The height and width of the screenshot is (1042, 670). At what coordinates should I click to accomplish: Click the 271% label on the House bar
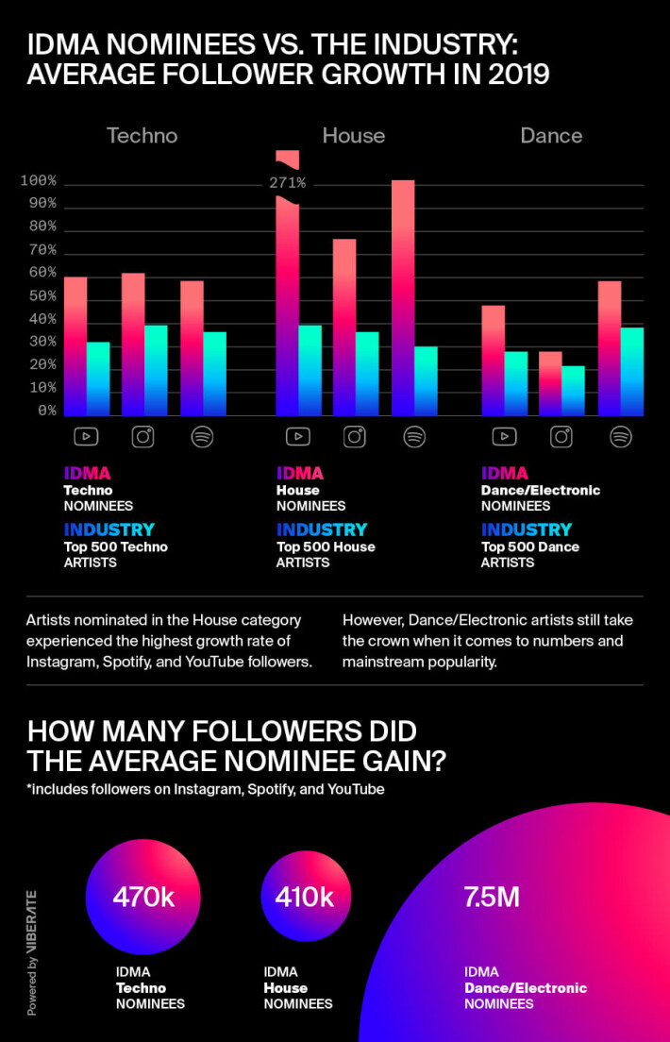coord(287,183)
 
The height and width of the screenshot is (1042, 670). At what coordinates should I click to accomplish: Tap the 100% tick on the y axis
coord(39,181)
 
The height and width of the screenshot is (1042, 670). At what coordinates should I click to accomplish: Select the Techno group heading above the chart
coord(142,136)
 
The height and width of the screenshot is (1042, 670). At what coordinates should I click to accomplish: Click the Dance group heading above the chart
coord(551,136)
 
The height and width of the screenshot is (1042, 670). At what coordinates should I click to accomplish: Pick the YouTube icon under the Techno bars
coord(87,437)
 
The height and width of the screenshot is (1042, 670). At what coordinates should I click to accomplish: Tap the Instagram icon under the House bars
coord(355,437)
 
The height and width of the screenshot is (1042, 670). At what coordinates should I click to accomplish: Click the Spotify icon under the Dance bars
coord(620,437)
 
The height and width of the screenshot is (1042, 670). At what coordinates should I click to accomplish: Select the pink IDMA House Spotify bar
coord(403,297)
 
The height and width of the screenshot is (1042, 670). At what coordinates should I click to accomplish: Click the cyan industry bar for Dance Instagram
coord(573,391)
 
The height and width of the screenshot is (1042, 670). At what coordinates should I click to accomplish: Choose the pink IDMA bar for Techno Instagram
coord(133,345)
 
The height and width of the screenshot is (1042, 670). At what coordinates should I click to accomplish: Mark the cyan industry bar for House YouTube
coord(310,370)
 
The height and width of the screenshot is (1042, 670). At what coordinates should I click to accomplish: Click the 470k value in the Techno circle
coord(142,897)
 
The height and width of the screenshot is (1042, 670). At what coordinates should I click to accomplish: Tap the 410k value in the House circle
coord(305,897)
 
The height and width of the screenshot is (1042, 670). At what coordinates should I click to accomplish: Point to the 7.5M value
coord(492,897)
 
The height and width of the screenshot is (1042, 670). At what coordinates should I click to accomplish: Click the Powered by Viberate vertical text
coord(31,950)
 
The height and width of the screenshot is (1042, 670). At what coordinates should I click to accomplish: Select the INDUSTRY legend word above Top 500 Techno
coord(109,529)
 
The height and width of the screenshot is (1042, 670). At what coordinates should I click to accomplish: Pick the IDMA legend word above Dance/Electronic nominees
coord(505,473)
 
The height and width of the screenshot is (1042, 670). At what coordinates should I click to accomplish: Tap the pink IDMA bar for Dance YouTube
coord(494,361)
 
